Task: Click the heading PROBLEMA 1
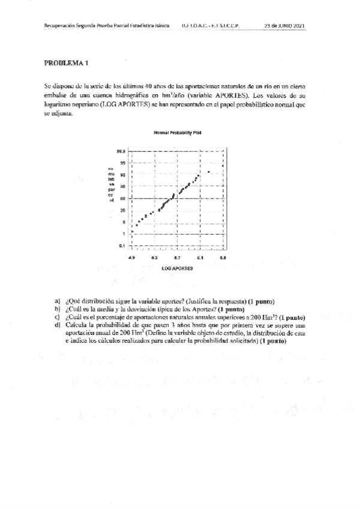click(65, 62)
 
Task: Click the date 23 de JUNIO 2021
click(285, 26)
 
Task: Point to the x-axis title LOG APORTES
click(177, 269)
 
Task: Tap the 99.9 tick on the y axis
click(121, 151)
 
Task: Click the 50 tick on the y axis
click(122, 198)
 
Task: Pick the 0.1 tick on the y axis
click(121, 245)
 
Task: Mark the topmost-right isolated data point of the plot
click(208, 172)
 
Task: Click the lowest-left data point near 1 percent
click(132, 230)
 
